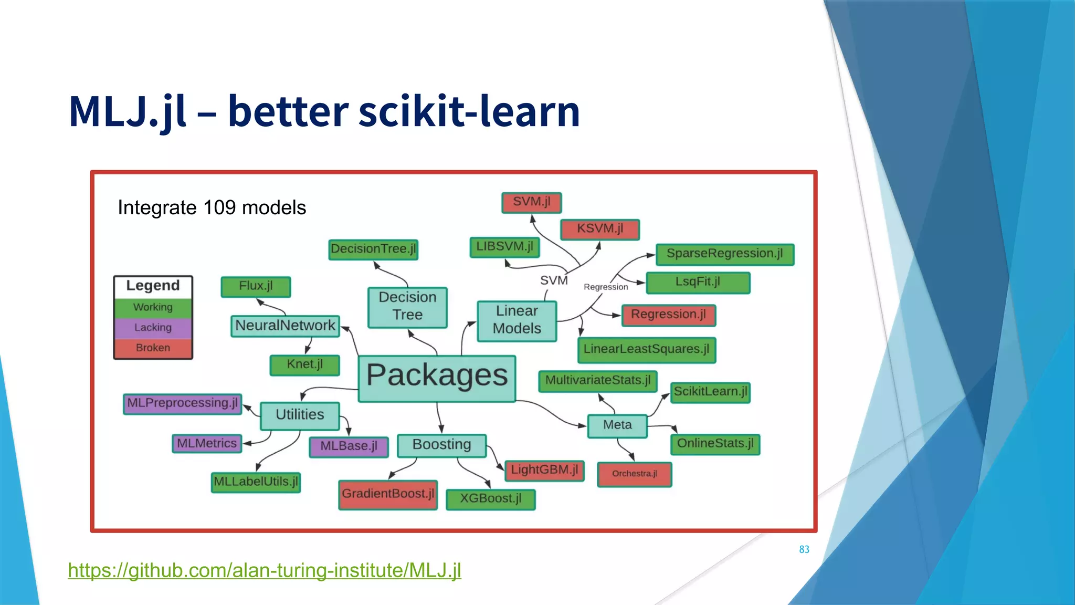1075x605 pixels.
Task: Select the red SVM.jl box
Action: click(x=531, y=202)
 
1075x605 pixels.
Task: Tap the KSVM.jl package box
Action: click(x=600, y=229)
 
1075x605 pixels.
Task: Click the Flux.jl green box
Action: click(x=256, y=286)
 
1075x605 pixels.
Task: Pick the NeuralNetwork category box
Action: click(x=285, y=326)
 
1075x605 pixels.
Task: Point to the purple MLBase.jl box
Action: click(x=349, y=446)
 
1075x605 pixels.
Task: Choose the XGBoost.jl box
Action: click(x=490, y=499)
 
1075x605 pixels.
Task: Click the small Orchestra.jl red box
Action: click(x=634, y=474)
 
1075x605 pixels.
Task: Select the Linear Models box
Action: click(x=517, y=320)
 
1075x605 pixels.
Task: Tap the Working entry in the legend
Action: click(x=153, y=307)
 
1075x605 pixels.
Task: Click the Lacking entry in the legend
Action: click(x=153, y=328)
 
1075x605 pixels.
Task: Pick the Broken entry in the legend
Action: click(x=153, y=348)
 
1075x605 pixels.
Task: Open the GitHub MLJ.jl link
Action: click(x=265, y=570)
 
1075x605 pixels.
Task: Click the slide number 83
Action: click(x=804, y=549)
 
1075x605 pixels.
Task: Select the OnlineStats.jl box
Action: click(x=715, y=444)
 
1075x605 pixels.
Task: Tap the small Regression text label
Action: click(x=606, y=287)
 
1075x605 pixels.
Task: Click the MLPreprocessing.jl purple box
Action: click(x=182, y=403)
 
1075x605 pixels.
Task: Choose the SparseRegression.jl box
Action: click(x=724, y=254)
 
